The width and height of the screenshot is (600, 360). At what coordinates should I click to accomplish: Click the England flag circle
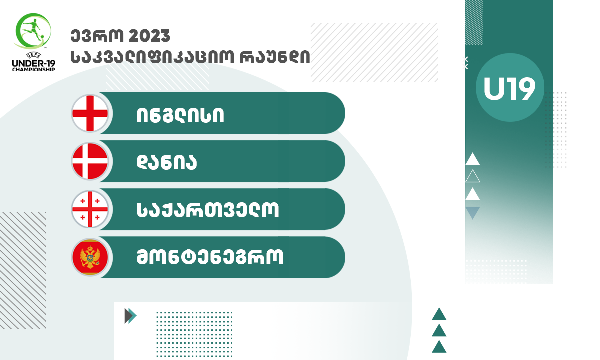pos(90,113)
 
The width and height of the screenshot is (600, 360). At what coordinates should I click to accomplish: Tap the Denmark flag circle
pos(90,161)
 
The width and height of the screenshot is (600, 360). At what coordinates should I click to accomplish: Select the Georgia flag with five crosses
pos(90,209)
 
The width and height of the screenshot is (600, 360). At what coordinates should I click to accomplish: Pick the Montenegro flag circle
pos(90,257)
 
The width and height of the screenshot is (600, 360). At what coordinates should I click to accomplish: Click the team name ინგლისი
pos(180,115)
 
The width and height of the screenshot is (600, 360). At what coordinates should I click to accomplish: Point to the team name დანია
pos(167,162)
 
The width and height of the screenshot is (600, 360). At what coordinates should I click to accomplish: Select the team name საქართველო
pos(208,209)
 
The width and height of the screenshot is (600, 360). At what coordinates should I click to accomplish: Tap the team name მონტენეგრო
pos(210,257)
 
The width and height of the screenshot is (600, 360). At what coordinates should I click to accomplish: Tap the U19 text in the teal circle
pos(509,89)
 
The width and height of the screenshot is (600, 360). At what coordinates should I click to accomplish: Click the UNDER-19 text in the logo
pos(34,64)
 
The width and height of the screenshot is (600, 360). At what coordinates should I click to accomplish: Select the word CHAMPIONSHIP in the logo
pos(34,70)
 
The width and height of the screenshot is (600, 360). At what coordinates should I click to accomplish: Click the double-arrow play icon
pos(130,316)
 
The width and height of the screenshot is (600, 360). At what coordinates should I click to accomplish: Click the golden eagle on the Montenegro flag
pos(90,257)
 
